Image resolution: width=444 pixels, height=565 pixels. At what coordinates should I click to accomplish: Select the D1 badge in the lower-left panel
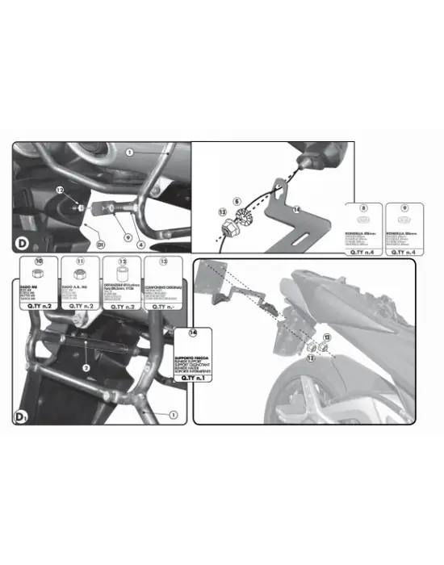pyautogui.click(x=22, y=417)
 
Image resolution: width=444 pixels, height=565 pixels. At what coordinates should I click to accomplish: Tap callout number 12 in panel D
pyautogui.click(x=60, y=190)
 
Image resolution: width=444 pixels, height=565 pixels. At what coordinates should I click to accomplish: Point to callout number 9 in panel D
pyautogui.click(x=127, y=236)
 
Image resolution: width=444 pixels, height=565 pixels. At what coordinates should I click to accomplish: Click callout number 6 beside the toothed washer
pyautogui.click(x=237, y=199)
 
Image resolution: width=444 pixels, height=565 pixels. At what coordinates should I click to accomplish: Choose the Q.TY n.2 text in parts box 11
pyautogui.click(x=78, y=306)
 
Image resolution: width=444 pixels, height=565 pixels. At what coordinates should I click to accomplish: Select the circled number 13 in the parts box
pyautogui.click(x=163, y=262)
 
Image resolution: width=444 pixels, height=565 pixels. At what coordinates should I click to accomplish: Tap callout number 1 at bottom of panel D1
pyautogui.click(x=171, y=414)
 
